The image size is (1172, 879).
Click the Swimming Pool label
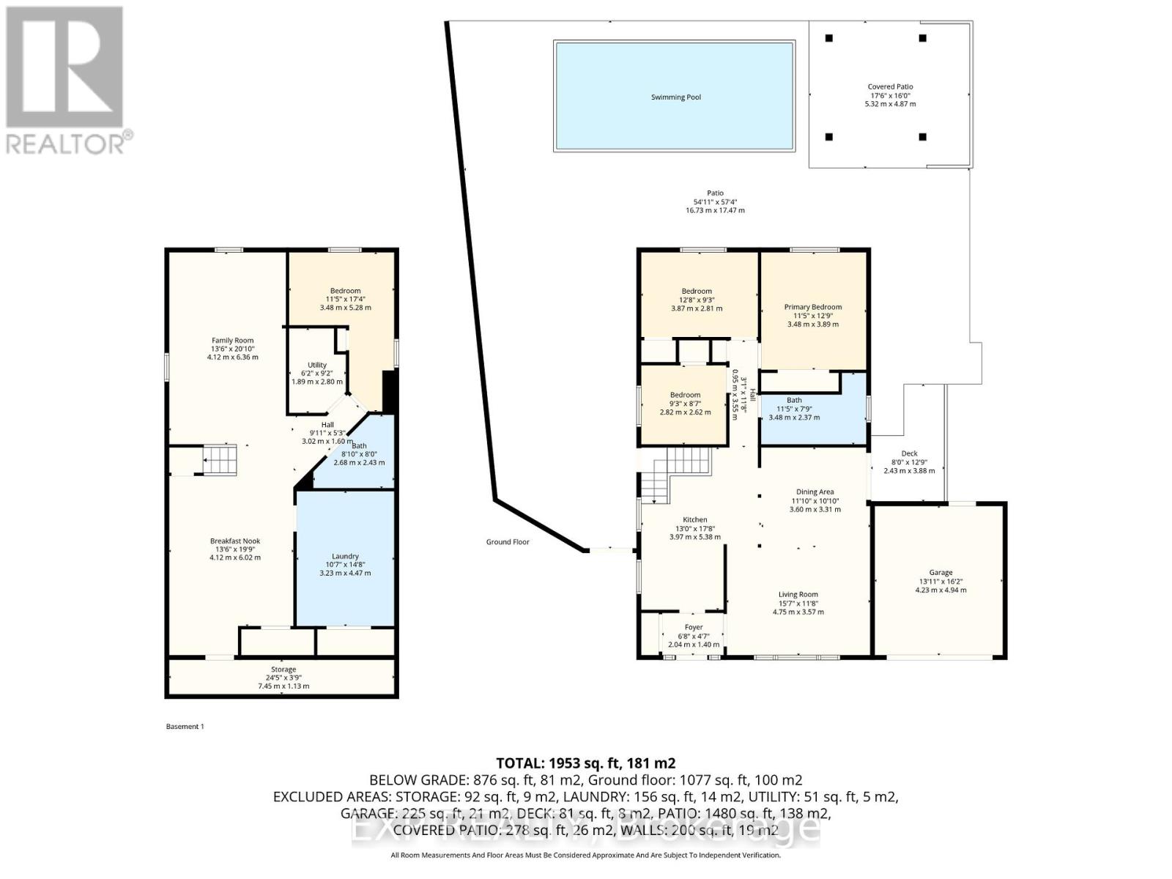pyautogui.click(x=675, y=97)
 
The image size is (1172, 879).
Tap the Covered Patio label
pyautogui.click(x=890, y=87)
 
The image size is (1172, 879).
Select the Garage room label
pyautogui.click(x=941, y=573)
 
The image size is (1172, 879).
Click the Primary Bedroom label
pyautogui.click(x=812, y=308)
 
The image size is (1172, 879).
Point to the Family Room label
pyautogui.click(x=232, y=341)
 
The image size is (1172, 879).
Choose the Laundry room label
pyautogui.click(x=345, y=557)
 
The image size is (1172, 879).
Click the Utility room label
pyautogui.click(x=316, y=365)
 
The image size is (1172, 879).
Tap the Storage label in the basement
pyautogui.click(x=283, y=670)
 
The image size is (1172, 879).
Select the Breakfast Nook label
pyautogui.click(x=234, y=541)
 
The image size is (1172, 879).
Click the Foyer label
pyautogui.click(x=693, y=628)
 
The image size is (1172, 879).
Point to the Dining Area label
pyautogui.click(x=815, y=492)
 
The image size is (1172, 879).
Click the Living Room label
pyautogui.click(x=798, y=595)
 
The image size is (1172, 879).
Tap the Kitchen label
pyautogui.click(x=694, y=520)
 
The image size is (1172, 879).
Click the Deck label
pyautogui.click(x=909, y=454)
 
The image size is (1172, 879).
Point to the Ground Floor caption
pyautogui.click(x=507, y=542)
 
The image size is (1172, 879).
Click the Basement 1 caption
pyautogui.click(x=185, y=727)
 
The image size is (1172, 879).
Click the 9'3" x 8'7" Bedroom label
pyautogui.click(x=685, y=396)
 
